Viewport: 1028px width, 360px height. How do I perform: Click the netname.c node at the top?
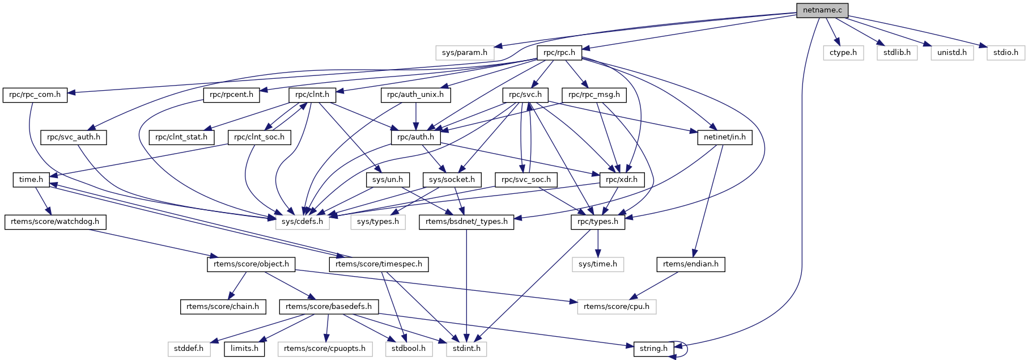822,10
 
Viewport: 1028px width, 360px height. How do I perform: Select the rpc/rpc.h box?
559,53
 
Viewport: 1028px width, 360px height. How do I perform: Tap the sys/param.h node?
465,53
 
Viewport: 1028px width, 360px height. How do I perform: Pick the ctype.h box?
843,53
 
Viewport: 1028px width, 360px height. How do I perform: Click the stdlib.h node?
897,53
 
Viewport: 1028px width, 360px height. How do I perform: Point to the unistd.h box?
952,53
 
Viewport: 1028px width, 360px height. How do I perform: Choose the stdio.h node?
1006,53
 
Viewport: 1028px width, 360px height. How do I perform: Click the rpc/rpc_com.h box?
35,95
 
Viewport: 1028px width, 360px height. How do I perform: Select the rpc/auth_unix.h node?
415,95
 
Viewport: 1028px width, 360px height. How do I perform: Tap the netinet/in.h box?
725,137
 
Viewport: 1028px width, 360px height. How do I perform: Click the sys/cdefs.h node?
303,222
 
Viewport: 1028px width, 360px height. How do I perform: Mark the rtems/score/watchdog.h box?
55,222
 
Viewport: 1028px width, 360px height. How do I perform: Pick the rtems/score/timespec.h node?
379,264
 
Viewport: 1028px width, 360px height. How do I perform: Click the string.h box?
653,349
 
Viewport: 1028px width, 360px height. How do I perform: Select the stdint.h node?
466,349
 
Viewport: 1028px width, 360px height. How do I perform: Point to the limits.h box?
244,349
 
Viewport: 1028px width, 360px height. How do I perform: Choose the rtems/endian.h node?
691,264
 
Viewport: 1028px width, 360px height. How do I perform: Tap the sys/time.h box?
598,264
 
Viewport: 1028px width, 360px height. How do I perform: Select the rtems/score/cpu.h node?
617,307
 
